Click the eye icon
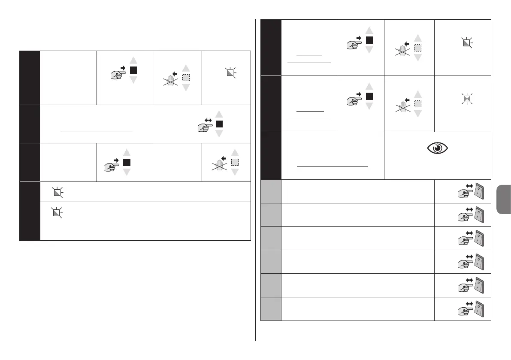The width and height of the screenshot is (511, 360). point(437,148)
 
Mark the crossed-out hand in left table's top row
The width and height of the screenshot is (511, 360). point(170,80)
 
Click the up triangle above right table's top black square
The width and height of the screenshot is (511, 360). point(369,30)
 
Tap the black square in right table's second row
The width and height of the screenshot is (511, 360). point(369,96)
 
